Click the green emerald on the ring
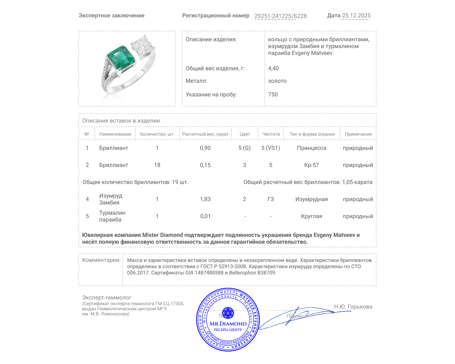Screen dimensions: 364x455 [121, 58]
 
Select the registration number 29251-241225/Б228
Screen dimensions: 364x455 [280, 16]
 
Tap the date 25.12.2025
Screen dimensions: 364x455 [356, 16]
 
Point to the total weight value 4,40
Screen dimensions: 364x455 [273, 68]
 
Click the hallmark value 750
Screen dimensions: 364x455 [273, 94]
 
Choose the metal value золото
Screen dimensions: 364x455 [277, 81]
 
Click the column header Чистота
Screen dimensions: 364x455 [271, 134]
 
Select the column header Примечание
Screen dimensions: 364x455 [358, 134]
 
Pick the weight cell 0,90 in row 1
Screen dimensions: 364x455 [205, 148]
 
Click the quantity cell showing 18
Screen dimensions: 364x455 [157, 165]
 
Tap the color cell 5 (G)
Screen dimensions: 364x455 [244, 148]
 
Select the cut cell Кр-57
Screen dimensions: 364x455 [311, 165]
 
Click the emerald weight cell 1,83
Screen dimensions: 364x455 [205, 199]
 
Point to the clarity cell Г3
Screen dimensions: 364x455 [270, 199]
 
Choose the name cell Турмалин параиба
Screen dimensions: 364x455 [112, 216]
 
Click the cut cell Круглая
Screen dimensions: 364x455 [311, 216]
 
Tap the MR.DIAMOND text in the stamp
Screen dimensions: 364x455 [228, 324]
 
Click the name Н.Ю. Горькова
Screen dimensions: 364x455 [353, 307]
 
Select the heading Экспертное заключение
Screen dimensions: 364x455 [111, 16]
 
